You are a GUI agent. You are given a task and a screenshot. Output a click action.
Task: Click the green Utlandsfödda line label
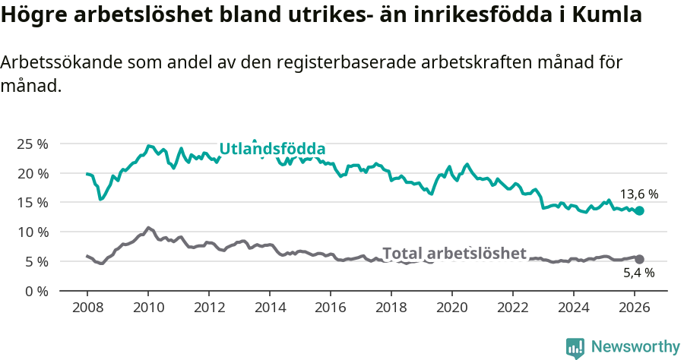(x=272, y=149)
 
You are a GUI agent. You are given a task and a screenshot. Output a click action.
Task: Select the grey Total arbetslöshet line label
(x=454, y=253)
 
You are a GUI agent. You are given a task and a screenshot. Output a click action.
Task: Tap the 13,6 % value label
(x=639, y=194)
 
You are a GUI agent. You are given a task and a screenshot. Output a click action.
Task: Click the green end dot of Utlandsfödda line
(x=639, y=210)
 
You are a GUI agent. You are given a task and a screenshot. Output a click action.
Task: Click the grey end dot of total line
(x=639, y=259)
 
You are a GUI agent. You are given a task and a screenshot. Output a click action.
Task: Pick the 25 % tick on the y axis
(x=32, y=144)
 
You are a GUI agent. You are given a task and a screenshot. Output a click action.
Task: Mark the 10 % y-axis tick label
(x=32, y=232)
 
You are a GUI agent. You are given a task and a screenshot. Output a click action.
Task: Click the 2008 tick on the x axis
(x=87, y=308)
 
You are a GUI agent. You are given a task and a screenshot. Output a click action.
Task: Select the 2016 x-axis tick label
(x=331, y=308)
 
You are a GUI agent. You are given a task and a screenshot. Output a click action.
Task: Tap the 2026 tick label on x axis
(x=635, y=308)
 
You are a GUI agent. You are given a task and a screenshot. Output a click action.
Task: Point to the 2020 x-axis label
(x=452, y=308)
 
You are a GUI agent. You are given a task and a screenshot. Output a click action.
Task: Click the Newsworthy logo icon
(x=575, y=347)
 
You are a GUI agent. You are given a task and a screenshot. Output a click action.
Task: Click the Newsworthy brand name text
(x=635, y=347)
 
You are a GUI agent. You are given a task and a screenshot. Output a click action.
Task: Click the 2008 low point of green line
(x=100, y=199)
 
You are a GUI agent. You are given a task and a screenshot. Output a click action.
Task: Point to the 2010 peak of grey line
(x=148, y=227)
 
